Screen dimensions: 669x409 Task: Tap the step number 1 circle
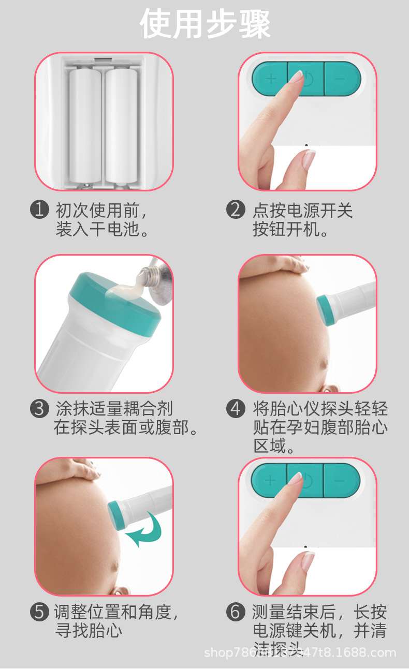click(39, 210)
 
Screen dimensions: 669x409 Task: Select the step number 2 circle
click(236, 210)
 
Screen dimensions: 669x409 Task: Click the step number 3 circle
click(39, 409)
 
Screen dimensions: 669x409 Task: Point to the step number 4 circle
click(236, 409)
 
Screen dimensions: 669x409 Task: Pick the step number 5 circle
click(39, 612)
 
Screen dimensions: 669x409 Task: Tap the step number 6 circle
click(236, 612)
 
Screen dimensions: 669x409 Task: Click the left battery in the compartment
click(85, 124)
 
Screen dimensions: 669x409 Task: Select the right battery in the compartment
click(122, 124)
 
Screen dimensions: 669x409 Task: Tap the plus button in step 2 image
click(270, 79)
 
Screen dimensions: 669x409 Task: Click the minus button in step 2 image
click(341, 79)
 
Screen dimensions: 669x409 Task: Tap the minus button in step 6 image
click(340, 480)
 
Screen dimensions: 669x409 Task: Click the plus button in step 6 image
click(270, 480)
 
